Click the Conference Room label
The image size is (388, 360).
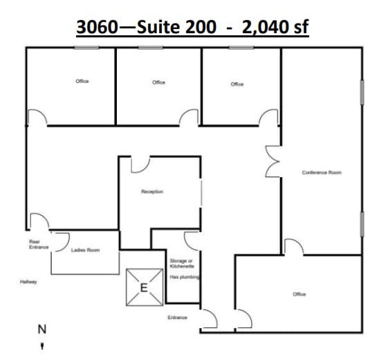322,172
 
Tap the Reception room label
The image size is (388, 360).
152,191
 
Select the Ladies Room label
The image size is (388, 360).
86,250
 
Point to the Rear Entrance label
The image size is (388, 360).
35,244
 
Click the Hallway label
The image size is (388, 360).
28,282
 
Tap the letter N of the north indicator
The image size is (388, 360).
41,330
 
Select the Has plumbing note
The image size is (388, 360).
184,276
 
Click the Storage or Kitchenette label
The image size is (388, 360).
182,263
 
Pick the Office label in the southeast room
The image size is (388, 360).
299,294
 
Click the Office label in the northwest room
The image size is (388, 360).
82,82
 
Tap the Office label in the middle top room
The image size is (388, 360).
158,82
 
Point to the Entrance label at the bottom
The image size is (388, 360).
178,317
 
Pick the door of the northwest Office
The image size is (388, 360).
37,118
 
